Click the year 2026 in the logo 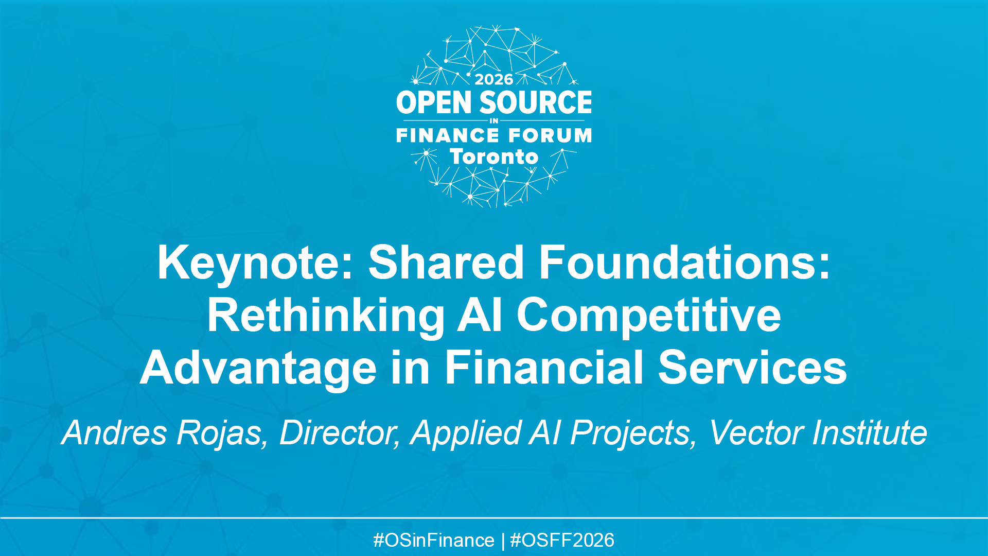point(493,79)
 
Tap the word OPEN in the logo point(434,102)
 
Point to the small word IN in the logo point(494,121)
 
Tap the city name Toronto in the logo point(494,157)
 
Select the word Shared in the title point(446,263)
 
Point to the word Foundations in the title point(684,263)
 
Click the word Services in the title point(752,368)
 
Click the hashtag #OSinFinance point(433,541)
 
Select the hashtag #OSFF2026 point(562,541)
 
